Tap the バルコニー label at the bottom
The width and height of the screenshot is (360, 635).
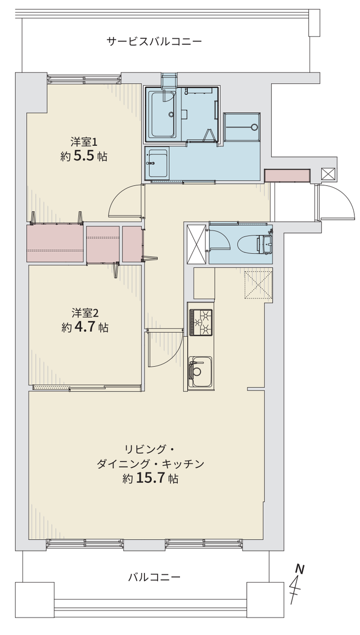[x=154, y=577]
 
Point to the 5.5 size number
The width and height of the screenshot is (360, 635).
[x=84, y=157]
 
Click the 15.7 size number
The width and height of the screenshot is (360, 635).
[x=150, y=478]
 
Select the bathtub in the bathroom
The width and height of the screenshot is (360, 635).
[x=162, y=114]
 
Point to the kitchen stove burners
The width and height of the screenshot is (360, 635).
[x=201, y=322]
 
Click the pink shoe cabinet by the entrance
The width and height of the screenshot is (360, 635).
[x=287, y=176]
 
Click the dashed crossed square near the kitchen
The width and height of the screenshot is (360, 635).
[x=258, y=285]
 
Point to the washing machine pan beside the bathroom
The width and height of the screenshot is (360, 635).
[x=242, y=126]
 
